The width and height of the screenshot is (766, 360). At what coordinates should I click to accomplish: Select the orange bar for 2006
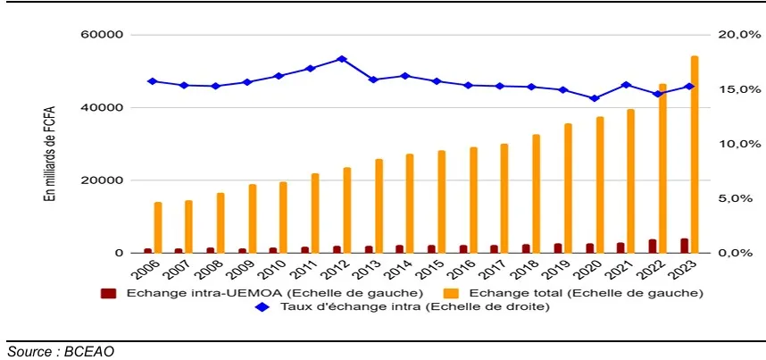158,228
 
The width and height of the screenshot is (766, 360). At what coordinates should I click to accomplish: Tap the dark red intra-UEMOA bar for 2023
684,246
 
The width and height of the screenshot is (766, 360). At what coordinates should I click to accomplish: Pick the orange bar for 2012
347,210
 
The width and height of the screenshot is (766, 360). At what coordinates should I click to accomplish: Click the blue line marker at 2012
341,59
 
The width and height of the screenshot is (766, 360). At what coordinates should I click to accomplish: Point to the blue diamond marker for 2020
594,98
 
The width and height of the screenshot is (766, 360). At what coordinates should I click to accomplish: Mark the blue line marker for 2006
152,81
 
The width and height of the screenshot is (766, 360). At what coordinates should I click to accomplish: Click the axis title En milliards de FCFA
50,144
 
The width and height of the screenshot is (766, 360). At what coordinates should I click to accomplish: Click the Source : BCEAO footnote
61,351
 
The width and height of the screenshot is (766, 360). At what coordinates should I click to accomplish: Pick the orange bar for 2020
600,185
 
